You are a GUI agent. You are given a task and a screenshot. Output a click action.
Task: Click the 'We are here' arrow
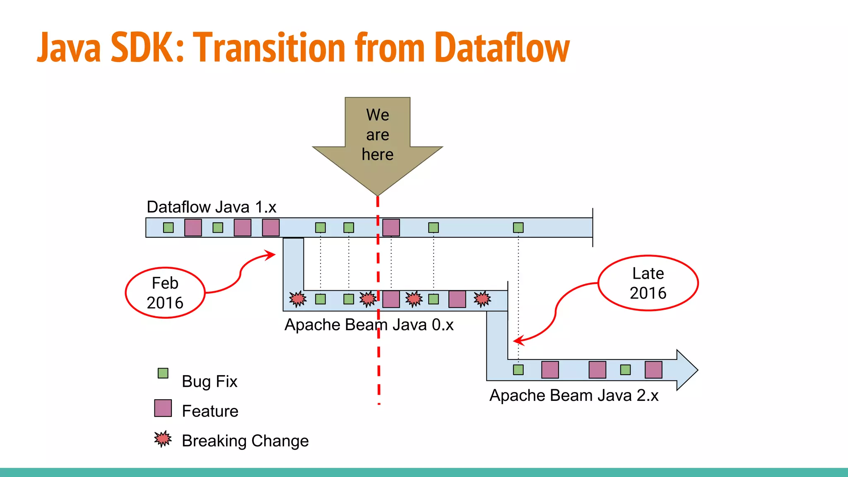pyautogui.click(x=377, y=141)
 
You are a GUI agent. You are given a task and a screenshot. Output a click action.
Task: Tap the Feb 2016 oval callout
pyautogui.click(x=165, y=293)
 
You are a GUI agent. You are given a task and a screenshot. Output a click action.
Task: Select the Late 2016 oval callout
pyautogui.click(x=648, y=283)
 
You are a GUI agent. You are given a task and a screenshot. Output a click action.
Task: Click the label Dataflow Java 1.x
pyautogui.click(x=211, y=207)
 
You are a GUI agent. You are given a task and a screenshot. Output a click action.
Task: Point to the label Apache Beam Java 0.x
pyautogui.click(x=369, y=325)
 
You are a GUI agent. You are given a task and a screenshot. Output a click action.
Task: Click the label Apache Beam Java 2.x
pyautogui.click(x=573, y=395)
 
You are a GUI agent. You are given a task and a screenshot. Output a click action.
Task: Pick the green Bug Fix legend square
pyautogui.click(x=163, y=373)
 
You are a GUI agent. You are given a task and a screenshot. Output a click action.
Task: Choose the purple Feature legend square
pyautogui.click(x=163, y=408)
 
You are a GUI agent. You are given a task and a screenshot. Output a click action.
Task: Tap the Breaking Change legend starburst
pyautogui.click(x=163, y=439)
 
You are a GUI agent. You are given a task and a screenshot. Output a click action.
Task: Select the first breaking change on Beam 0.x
pyautogui.click(x=298, y=299)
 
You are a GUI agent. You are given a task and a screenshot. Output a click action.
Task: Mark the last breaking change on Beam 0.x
pyautogui.click(x=482, y=299)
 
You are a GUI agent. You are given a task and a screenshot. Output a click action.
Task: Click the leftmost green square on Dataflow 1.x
pyautogui.click(x=168, y=227)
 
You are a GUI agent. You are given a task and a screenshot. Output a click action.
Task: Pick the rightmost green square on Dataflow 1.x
pyautogui.click(x=518, y=227)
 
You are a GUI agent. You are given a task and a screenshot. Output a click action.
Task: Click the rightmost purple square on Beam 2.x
pyautogui.click(x=653, y=370)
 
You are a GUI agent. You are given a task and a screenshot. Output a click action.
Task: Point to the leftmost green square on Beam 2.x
pyautogui.click(x=518, y=370)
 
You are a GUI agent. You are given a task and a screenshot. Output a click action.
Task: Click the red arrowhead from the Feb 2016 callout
pyautogui.click(x=272, y=254)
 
